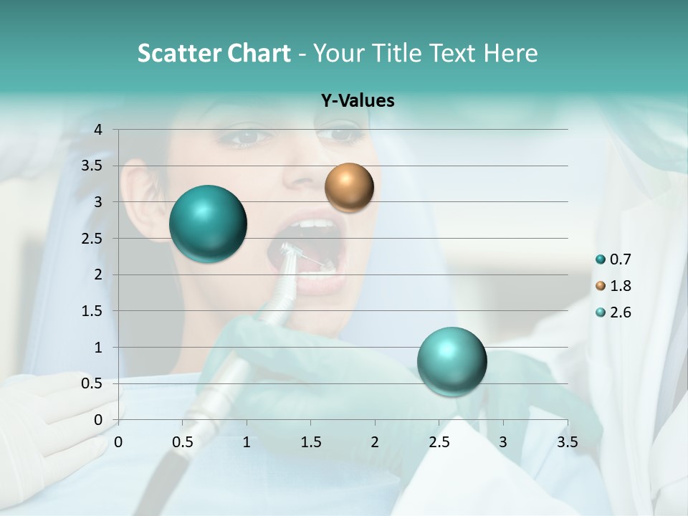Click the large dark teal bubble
[x=208, y=224]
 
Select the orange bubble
[x=349, y=187]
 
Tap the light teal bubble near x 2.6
[x=451, y=361]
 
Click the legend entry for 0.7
[x=614, y=259]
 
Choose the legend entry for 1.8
[x=614, y=286]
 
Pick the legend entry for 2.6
[x=614, y=312]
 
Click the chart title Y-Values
[x=357, y=101]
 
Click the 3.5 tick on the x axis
[x=567, y=442]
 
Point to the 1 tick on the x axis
[x=247, y=442]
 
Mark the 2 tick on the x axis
[x=375, y=442]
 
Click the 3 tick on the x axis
[x=503, y=442]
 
